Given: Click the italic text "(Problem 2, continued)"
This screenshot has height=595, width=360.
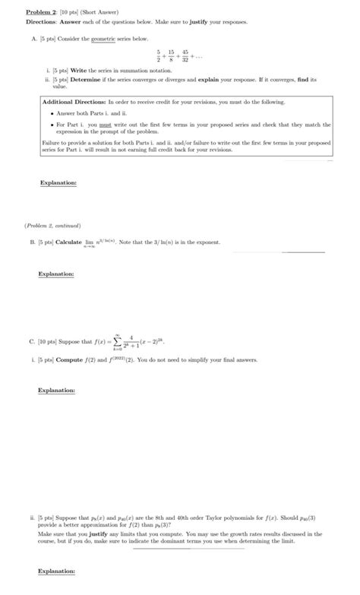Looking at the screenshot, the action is (52, 226).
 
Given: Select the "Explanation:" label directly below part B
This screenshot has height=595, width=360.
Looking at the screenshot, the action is (56, 274).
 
